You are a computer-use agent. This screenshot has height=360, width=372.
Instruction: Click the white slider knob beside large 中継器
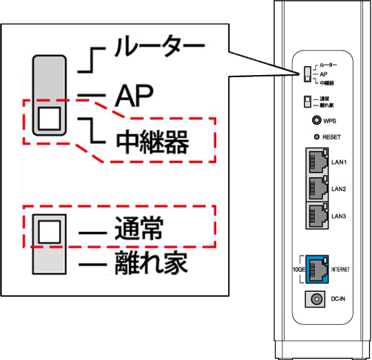[49, 118]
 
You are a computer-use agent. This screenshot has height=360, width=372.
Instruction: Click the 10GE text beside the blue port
[297, 268]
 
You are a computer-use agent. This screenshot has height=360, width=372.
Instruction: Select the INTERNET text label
[340, 268]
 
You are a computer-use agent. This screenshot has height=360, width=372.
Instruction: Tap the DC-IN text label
[338, 299]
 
